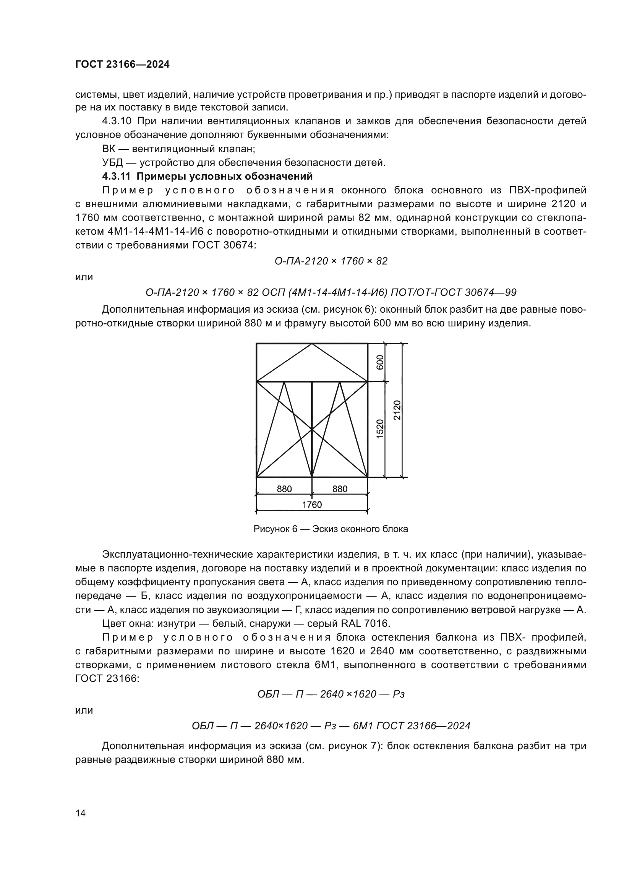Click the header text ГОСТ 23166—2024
coord(122,65)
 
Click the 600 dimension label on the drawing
coord(380,362)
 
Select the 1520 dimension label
coord(380,429)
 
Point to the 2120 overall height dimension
coord(397,410)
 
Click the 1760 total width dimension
coord(312,505)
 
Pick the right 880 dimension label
coord(340,489)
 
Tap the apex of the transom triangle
coord(312,344)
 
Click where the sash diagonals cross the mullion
coord(312,429)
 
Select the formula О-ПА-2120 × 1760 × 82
coord(331,261)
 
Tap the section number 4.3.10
coord(117,121)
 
